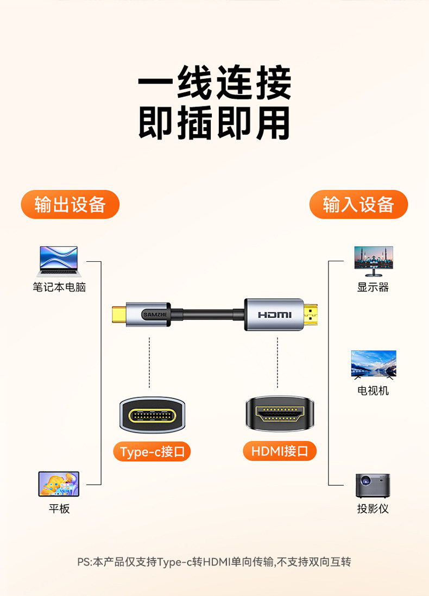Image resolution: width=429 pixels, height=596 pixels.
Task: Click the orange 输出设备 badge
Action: pos(70,205)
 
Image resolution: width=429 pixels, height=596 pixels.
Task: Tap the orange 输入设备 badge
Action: pos(358,205)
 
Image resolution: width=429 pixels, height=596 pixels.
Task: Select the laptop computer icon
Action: pos(59,261)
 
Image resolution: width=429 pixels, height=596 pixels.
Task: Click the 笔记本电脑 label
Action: pos(59,287)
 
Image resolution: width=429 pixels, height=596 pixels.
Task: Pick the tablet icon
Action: pos(59,484)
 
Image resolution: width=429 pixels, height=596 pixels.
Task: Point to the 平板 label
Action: pos(59,509)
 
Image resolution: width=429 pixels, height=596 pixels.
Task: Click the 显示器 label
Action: pos(373,287)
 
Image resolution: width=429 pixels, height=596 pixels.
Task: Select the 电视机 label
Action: pos(373,391)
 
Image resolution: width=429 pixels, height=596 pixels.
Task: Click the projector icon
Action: pos(373,485)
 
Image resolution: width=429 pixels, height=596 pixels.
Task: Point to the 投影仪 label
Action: pos(373,509)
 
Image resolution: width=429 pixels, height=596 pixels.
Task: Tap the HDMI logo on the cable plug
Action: pos(275,315)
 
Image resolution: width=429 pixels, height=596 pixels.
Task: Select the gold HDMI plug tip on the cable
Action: pos(311,315)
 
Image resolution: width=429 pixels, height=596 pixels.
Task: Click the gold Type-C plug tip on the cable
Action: pos(118,315)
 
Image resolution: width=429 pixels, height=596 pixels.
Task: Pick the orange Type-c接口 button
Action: pos(152,451)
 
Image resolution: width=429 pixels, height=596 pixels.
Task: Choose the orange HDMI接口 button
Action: pos(280,451)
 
